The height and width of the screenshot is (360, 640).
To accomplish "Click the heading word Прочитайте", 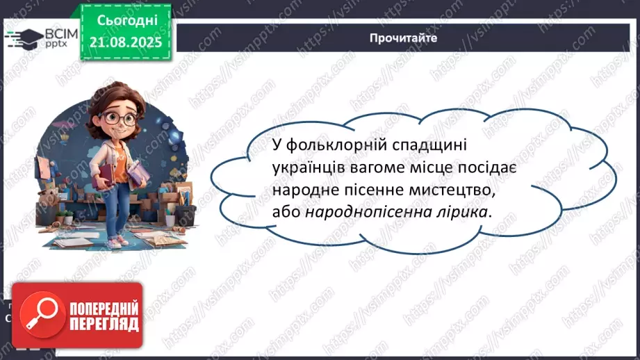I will pyautogui.click(x=403, y=38).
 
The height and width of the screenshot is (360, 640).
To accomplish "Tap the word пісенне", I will pyautogui.click(x=362, y=190).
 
